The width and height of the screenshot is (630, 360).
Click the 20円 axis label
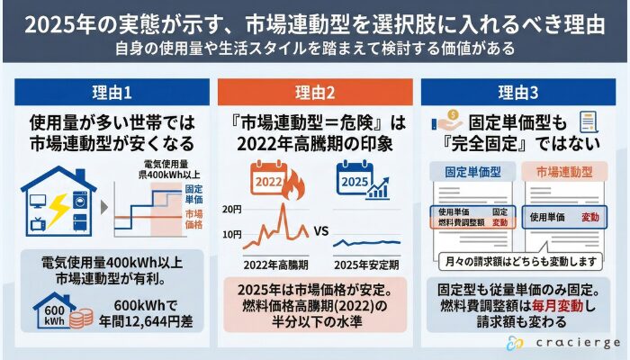(233, 209)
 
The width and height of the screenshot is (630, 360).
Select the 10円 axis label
(233, 235)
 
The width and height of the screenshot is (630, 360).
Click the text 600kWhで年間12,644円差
(135, 310)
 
